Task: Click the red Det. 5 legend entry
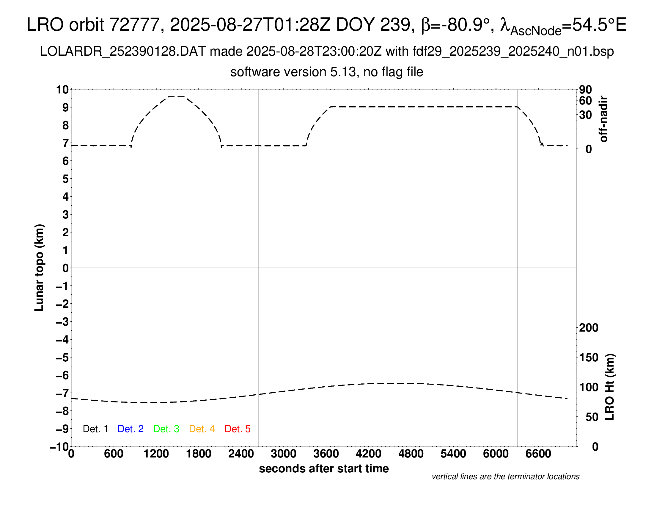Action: [238, 429]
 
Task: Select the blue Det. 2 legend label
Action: [131, 429]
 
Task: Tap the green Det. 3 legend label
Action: [166, 429]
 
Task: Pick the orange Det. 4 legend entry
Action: [202, 429]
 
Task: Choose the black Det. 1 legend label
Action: [95, 429]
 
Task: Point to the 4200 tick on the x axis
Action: [369, 454]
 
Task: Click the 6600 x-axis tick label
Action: [538, 454]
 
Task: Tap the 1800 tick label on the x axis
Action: [199, 454]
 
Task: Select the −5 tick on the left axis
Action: [62, 357]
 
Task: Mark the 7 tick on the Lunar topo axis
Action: [66, 143]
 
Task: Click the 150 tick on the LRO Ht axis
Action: [589, 357]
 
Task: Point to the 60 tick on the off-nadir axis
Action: [585, 101]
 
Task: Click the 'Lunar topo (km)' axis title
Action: [39, 268]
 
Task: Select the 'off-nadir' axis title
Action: [603, 119]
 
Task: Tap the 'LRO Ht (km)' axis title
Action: [610, 387]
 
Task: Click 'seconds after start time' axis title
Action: [324, 468]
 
